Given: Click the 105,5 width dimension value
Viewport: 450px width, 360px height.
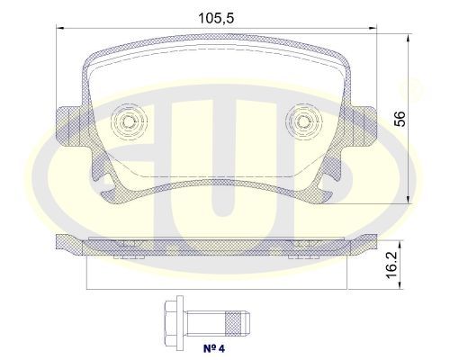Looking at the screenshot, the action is [x=216, y=18].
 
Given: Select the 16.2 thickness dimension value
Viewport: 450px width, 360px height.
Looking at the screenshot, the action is [x=391, y=265].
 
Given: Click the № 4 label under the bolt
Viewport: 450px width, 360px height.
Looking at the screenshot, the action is [x=214, y=348].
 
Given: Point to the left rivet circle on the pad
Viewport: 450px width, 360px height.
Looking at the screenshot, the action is [x=129, y=121].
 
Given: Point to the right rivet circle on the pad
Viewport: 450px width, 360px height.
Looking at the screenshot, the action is [x=304, y=121].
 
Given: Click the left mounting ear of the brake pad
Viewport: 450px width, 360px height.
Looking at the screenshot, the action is [x=68, y=126].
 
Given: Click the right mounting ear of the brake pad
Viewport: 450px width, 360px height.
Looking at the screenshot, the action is [x=364, y=126].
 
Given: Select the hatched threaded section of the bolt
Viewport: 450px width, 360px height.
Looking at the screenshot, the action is [x=233, y=323].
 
